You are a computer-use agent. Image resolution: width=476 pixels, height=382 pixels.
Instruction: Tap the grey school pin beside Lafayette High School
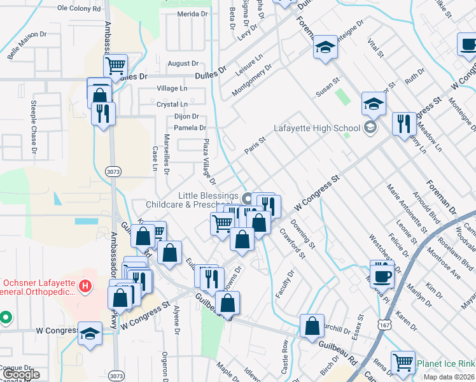coord(369,127)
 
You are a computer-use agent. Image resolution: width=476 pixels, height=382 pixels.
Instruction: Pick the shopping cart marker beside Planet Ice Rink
coord(403,362)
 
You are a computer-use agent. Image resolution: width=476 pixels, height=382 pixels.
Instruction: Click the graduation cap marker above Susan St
coord(325,47)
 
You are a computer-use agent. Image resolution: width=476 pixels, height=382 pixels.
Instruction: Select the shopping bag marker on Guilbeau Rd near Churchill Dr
coord(312,325)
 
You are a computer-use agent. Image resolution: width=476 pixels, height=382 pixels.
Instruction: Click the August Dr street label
coord(183,64)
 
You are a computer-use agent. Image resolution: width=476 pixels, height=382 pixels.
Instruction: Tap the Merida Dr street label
coord(193,13)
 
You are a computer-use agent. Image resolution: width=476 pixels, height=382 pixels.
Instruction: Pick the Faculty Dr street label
coord(284,285)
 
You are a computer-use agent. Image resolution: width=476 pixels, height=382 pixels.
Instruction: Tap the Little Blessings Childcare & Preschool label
coord(192,200)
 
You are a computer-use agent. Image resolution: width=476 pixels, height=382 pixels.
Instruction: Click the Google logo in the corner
coord(21,374)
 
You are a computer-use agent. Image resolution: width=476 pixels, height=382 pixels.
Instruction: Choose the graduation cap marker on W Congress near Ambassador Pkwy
coord(90,332)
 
